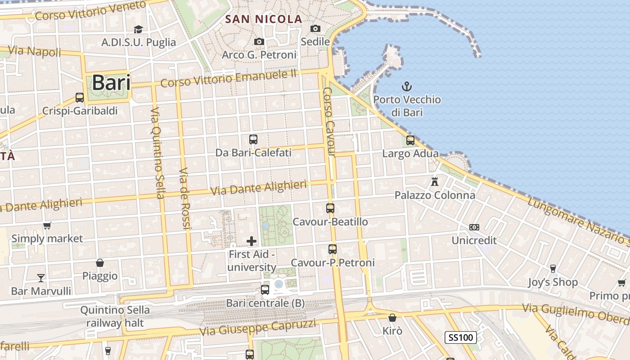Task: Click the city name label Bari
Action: pos(111,83)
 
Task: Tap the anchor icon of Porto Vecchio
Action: pos(407,86)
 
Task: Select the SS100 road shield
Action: pos(461,337)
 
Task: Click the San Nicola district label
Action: pos(264,19)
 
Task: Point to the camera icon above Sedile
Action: pos(315,29)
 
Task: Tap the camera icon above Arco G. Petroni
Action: pos(259,42)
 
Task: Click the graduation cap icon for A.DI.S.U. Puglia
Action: pos(138,29)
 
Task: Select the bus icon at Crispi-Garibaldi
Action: pos(80,97)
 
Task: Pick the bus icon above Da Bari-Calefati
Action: pos(253,139)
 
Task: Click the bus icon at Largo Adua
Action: pos(410,140)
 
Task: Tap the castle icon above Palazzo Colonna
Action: pos(435,182)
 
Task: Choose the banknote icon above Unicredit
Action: pos(474,227)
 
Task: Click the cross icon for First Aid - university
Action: pos(252,241)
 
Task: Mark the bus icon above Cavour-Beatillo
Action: pos(330,208)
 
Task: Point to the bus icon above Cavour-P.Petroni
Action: pos(333,249)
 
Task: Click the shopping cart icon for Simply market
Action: pos(47,225)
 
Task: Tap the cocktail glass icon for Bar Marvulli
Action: pos(41,278)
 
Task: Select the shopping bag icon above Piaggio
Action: pos(100,263)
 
